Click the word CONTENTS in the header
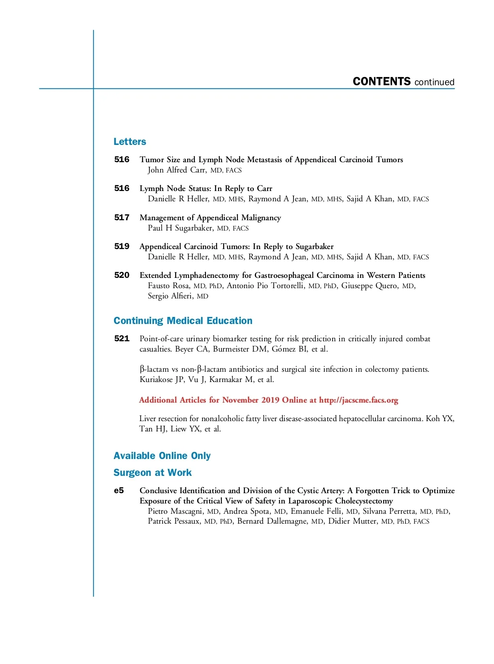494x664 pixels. [382, 82]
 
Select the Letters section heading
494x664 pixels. [130, 142]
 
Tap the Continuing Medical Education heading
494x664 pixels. [183, 321]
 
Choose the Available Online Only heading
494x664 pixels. [162, 456]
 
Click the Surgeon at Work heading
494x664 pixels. [152, 473]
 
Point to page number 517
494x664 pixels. [121, 217]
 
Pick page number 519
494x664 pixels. [121, 246]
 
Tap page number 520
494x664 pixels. [121, 275]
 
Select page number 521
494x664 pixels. [121, 338]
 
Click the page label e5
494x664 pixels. [119, 490]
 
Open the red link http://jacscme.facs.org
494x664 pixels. [359, 400]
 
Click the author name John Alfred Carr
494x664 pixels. [177, 170]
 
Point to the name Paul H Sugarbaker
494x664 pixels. [180, 228]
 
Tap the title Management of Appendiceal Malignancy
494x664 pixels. [210, 217]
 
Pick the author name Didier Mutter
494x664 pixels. [352, 521]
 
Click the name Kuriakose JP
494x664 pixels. [162, 380]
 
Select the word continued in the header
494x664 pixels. [434, 82]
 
